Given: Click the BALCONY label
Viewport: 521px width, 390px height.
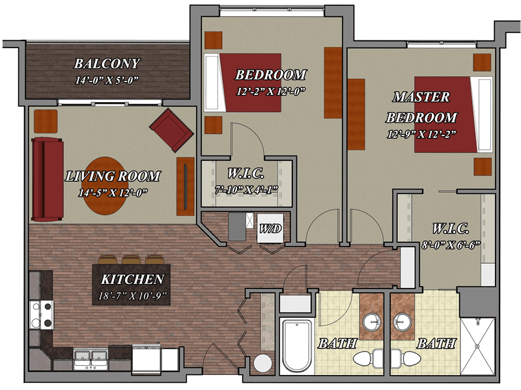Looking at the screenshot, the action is pyautogui.click(x=107, y=63).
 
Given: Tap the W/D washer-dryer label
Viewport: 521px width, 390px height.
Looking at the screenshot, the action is pyautogui.click(x=270, y=229).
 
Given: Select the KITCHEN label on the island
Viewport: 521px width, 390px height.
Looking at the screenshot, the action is pyautogui.click(x=132, y=279).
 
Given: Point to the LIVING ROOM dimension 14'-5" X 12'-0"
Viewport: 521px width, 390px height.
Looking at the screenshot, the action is pyautogui.click(x=113, y=193).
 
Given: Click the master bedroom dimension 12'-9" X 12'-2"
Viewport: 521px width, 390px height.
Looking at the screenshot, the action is pyautogui.click(x=421, y=134).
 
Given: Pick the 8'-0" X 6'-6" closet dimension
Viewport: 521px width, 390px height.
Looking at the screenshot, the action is pyautogui.click(x=451, y=245).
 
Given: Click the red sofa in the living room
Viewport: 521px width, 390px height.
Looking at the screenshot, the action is pyautogui.click(x=48, y=180).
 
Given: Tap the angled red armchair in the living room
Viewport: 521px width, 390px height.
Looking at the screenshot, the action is pyautogui.click(x=171, y=130).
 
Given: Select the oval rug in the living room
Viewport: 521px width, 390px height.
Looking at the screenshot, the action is pyautogui.click(x=105, y=186).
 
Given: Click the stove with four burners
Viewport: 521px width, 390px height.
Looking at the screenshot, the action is pyautogui.click(x=41, y=314).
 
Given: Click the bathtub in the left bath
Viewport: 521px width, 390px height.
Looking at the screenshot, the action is pyautogui.click(x=297, y=346).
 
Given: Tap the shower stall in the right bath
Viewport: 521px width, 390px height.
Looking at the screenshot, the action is pyautogui.click(x=477, y=346).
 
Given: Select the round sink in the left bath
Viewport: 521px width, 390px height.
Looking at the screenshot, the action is pyautogui.click(x=372, y=322).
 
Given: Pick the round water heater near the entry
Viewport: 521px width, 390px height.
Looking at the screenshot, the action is pyautogui.click(x=263, y=363).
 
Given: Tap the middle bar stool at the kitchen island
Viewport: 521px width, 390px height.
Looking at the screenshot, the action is pyautogui.click(x=131, y=259).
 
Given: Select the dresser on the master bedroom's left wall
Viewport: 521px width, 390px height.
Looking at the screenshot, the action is pyautogui.click(x=356, y=115).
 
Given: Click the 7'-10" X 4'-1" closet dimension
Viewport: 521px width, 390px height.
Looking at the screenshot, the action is pyautogui.click(x=246, y=189).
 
